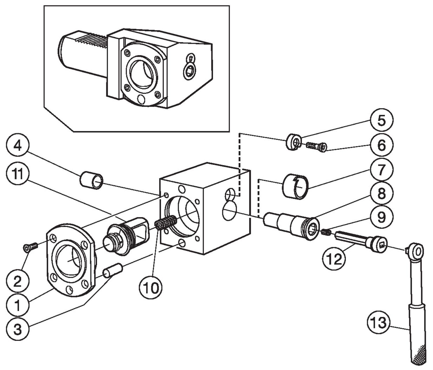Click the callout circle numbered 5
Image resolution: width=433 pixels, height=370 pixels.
(x=381, y=120)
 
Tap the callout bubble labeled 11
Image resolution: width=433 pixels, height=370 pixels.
(x=18, y=174)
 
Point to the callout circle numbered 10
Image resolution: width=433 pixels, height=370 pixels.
(x=151, y=287)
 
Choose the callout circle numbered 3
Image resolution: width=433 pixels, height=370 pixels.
(x=18, y=329)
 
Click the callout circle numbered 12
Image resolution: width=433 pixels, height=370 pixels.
(x=334, y=259)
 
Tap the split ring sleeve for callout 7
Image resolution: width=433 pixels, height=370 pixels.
(x=295, y=186)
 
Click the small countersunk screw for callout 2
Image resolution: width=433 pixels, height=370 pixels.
(x=30, y=247)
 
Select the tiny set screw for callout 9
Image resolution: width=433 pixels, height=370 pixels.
(x=326, y=232)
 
